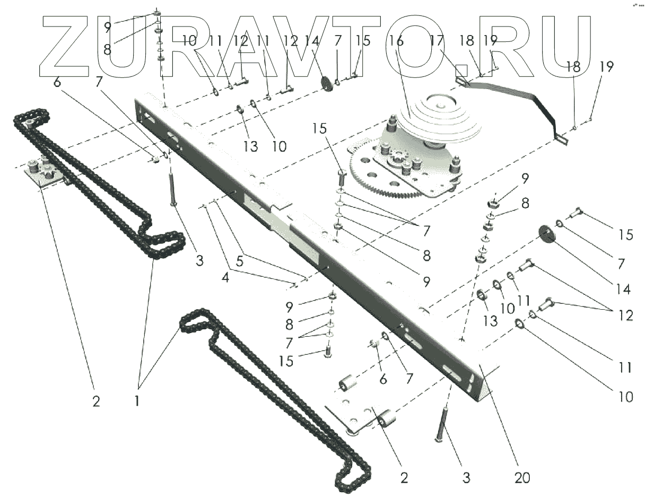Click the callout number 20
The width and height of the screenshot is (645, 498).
tap(522, 478)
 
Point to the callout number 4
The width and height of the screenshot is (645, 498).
tap(226, 277)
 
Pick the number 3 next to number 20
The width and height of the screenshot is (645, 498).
tap(466, 478)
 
